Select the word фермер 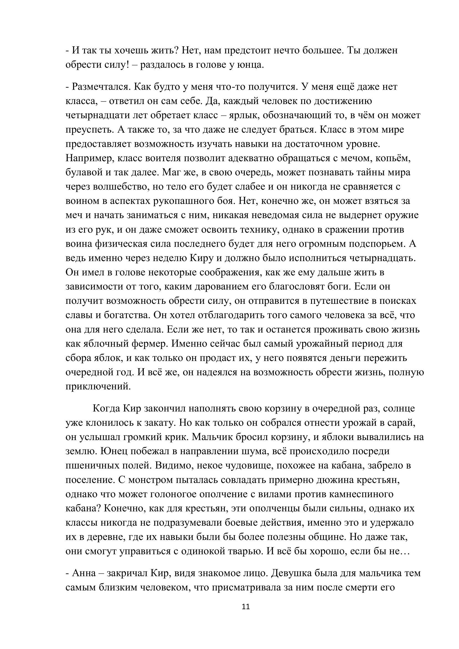(149, 344)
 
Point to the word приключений (98, 387)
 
